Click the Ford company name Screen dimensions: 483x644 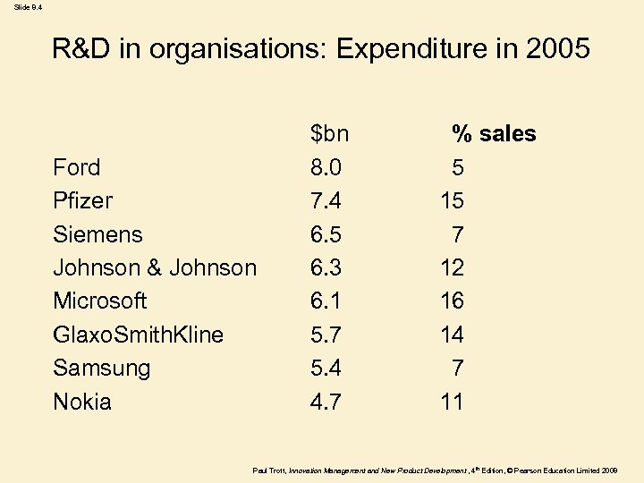tap(77, 167)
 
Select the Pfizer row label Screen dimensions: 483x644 tap(82, 200)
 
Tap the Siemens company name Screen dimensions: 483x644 tap(97, 234)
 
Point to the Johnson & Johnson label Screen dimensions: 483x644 tap(155, 267)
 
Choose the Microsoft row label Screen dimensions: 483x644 tap(99, 301)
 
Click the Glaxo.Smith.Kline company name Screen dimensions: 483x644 tap(138, 335)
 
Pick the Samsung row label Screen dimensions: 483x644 tap(101, 368)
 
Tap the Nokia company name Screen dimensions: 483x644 tap(82, 402)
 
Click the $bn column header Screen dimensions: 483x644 tap(329, 134)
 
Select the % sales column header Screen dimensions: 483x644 tap(494, 134)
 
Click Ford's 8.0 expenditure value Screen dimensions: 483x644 tap(326, 167)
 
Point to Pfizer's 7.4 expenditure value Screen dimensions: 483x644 tap(326, 200)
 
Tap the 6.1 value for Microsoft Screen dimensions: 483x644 tap(326, 301)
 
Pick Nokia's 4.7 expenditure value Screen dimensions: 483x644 tap(326, 402)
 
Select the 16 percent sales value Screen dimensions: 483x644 tap(452, 301)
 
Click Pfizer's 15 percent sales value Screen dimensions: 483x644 tap(452, 200)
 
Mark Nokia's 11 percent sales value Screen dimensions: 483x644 tap(452, 402)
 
